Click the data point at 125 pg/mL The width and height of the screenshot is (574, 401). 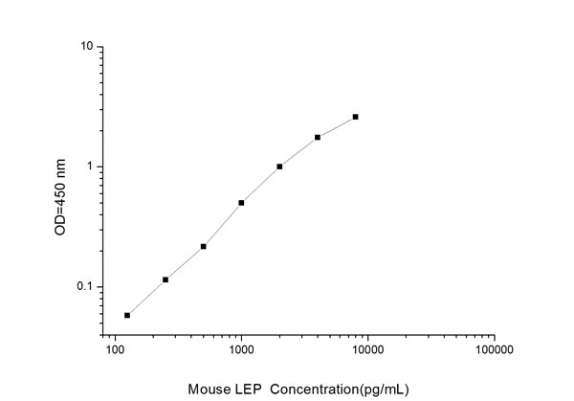click(127, 315)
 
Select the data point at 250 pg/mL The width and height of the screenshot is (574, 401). click(166, 279)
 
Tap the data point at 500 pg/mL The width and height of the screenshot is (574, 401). click(204, 246)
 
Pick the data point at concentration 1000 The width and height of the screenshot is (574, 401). click(241, 202)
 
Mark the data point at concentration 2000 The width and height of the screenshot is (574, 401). click(279, 167)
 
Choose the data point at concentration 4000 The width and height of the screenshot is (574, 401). click(318, 137)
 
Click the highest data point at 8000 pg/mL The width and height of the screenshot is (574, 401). click(356, 117)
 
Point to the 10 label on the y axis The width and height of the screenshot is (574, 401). click(86, 47)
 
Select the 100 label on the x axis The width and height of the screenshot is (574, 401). click(115, 351)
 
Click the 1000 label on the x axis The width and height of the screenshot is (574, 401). click(241, 351)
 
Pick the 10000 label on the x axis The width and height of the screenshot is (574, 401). click(367, 351)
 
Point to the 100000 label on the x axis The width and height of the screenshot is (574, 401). click(494, 351)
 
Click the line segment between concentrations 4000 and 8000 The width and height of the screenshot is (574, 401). click(337, 126)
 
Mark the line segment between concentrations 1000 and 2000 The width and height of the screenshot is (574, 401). click(260, 185)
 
